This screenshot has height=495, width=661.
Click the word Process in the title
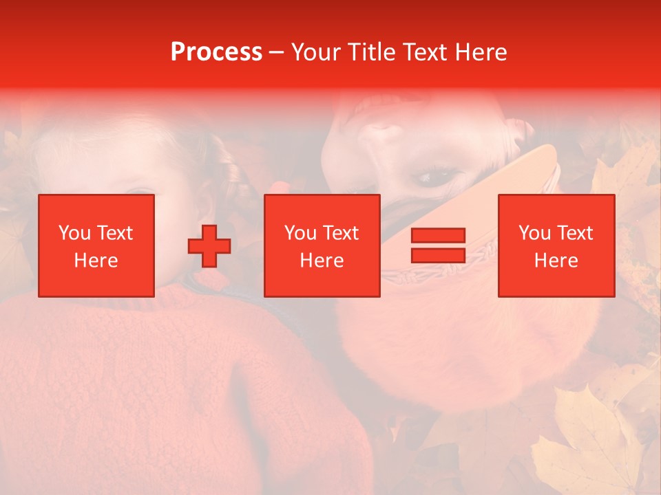pos(216,52)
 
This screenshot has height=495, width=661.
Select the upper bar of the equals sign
pos(438,236)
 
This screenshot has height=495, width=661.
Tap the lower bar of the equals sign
pos(438,255)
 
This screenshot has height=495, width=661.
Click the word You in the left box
pos(74,233)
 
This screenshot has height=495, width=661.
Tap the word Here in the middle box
pos(322,261)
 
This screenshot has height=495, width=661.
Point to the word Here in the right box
pos(556,261)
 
